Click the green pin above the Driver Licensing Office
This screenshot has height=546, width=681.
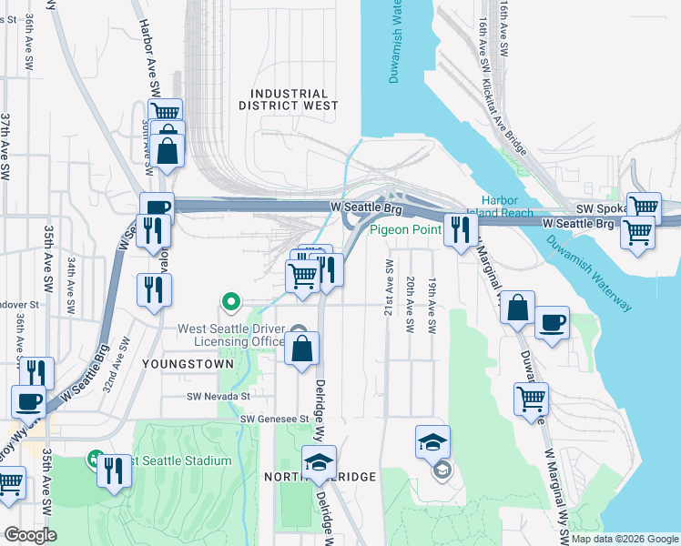[231, 301]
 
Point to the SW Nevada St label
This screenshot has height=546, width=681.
[218, 396]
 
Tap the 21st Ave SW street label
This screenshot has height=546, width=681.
[389, 287]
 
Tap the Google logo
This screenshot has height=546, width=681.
[29, 535]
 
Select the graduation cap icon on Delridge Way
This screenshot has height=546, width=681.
[320, 462]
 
